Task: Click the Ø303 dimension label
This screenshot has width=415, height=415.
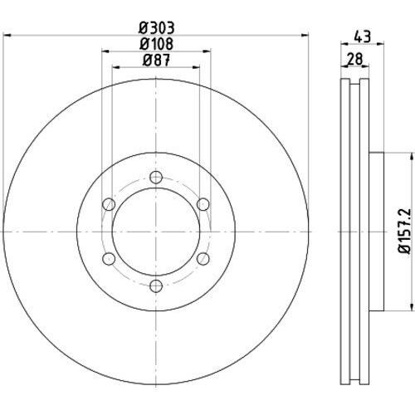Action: click(x=157, y=27)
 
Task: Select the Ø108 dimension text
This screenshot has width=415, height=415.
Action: click(x=156, y=44)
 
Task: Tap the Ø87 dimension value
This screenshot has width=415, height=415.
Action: click(x=156, y=60)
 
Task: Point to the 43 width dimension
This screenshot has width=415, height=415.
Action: click(x=362, y=37)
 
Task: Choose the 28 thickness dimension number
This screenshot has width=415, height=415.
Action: click(x=355, y=59)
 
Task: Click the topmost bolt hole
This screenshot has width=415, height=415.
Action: click(x=156, y=178)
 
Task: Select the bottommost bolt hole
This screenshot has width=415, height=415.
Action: click(x=156, y=286)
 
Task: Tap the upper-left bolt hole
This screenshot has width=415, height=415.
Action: click(x=109, y=204)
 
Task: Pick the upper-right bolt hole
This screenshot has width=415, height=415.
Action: click(x=203, y=204)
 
